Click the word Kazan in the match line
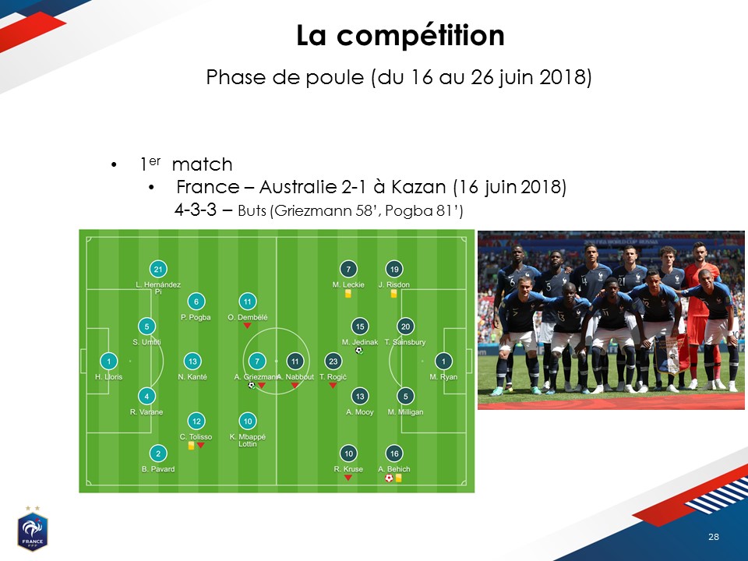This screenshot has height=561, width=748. pos(418,187)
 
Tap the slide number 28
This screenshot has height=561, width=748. pos(713,537)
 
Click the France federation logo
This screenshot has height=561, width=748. pos(33,529)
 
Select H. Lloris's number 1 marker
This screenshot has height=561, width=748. pos(109,361)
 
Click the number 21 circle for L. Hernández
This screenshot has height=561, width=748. pos(158,269)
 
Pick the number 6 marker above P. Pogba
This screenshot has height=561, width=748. pos(196,302)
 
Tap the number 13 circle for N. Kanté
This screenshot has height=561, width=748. pos(192,361)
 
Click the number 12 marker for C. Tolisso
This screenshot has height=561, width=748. pos(196,422)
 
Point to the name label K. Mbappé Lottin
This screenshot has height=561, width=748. pos(248,439)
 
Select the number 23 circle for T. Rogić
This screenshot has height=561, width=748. pos(333,361)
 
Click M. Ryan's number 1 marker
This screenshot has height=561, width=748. pos(443,361)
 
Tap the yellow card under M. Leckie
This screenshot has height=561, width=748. pos(348,294)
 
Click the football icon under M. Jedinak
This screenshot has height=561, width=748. pos(359,351)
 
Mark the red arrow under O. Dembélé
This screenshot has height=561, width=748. pos(247,326)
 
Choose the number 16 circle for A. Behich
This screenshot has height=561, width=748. pos(394,453)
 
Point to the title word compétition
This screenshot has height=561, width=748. pos(421,36)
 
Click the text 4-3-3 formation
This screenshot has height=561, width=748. pos(196,210)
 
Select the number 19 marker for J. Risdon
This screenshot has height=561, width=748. pos(394,269)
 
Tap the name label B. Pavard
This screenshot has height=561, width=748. pos(158,469)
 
